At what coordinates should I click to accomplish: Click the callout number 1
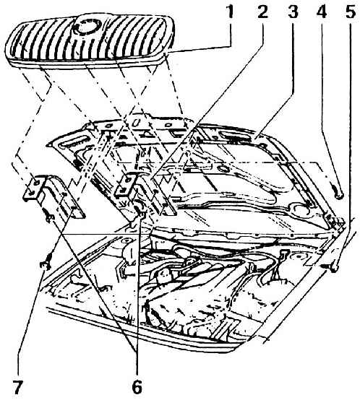[x=231, y=12]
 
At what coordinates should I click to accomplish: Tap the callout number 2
[x=262, y=12]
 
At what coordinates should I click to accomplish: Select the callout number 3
[x=293, y=12]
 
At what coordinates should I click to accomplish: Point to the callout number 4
[x=322, y=12]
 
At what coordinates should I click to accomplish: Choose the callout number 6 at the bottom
[x=137, y=388]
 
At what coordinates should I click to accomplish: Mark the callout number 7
[x=18, y=388]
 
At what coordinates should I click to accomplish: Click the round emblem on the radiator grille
[x=87, y=27]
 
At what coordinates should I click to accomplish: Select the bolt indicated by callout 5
[x=330, y=267]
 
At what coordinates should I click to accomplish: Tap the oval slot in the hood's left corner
[x=74, y=142]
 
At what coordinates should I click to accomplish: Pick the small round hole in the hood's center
[x=223, y=169]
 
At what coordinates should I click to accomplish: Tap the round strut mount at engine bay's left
[x=126, y=240]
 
